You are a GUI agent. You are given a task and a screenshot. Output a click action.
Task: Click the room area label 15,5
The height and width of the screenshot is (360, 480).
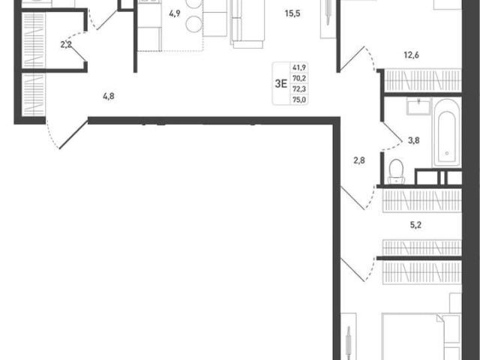click(x=292, y=13)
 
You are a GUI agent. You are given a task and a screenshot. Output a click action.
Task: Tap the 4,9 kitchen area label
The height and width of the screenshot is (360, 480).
click(x=175, y=13)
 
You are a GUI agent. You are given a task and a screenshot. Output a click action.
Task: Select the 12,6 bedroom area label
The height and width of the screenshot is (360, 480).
click(x=412, y=55)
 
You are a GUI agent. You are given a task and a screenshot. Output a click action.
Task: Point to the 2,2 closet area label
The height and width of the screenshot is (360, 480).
click(x=66, y=45)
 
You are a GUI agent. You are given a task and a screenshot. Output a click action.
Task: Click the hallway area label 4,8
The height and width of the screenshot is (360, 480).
click(x=109, y=97)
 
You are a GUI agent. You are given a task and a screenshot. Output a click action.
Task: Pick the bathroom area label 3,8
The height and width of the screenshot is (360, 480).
click(x=413, y=140)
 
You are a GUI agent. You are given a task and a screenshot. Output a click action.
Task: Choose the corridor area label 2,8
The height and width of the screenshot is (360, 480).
click(x=359, y=160)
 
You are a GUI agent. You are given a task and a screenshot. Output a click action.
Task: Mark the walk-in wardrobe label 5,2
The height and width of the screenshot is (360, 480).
click(x=415, y=225)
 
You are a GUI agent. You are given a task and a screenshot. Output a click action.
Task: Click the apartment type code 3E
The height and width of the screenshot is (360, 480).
click(x=281, y=83)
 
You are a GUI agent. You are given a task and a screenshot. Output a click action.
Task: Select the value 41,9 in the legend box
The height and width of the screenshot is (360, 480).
click(x=299, y=67)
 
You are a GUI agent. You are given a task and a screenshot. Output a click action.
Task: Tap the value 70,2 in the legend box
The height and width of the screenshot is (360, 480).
click(x=299, y=78)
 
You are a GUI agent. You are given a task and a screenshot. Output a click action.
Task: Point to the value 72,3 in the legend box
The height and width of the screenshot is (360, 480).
click(x=299, y=89)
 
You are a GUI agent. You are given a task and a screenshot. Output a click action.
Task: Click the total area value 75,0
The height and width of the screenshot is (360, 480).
click(x=299, y=100)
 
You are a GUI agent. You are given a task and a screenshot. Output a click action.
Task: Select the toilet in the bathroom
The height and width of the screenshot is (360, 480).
click(x=397, y=172)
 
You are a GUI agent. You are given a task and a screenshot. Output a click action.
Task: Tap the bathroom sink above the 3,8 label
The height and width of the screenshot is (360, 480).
click(x=418, y=106)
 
